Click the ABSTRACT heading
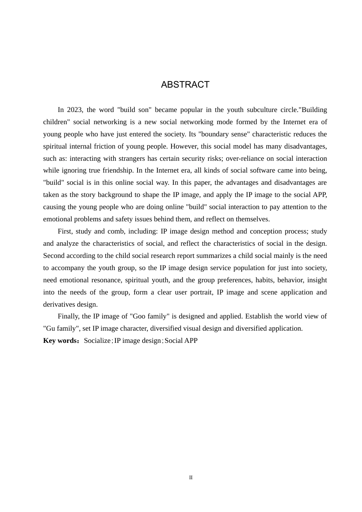(x=185, y=85)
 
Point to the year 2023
(x=75, y=110)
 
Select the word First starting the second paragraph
(x=65, y=231)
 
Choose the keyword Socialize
(x=97, y=341)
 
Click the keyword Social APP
(x=181, y=341)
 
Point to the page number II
(x=191, y=478)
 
